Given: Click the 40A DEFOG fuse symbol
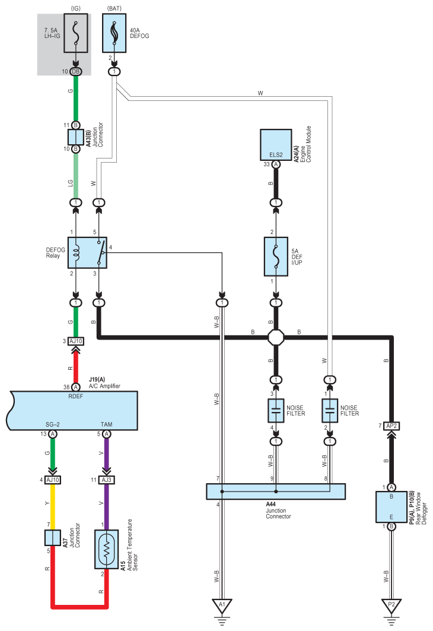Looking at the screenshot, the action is (x=114, y=33).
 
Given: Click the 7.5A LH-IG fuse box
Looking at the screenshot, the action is (x=75, y=33).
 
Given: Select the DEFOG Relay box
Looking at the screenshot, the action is (x=87, y=253).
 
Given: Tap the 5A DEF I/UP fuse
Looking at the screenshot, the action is (x=276, y=256).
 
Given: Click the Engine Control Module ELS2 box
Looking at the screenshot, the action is (x=276, y=145).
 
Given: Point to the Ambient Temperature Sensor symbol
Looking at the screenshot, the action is (x=107, y=549).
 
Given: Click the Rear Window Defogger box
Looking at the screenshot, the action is (x=391, y=507).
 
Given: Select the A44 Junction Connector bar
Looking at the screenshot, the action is (x=276, y=492).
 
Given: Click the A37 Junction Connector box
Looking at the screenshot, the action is (x=53, y=538).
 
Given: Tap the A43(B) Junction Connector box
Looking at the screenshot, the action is (x=75, y=137).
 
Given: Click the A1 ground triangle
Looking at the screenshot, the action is (x=222, y=605).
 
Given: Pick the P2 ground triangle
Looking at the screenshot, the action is (x=391, y=605).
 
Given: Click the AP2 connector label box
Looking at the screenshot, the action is (x=391, y=426).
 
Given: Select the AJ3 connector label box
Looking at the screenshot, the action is (x=107, y=480).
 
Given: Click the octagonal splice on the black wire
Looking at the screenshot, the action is (x=276, y=337).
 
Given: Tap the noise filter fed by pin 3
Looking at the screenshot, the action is (x=276, y=410).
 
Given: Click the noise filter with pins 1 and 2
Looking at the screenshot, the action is (x=330, y=410).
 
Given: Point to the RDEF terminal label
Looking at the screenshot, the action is (x=75, y=397).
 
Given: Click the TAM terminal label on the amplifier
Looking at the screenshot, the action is (x=107, y=424).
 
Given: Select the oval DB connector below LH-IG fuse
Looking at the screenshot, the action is (x=75, y=72).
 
